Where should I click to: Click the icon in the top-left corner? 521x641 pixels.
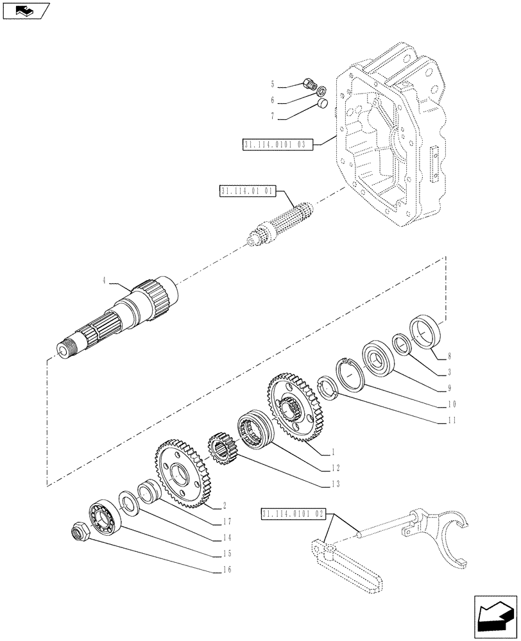pos(25,10)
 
